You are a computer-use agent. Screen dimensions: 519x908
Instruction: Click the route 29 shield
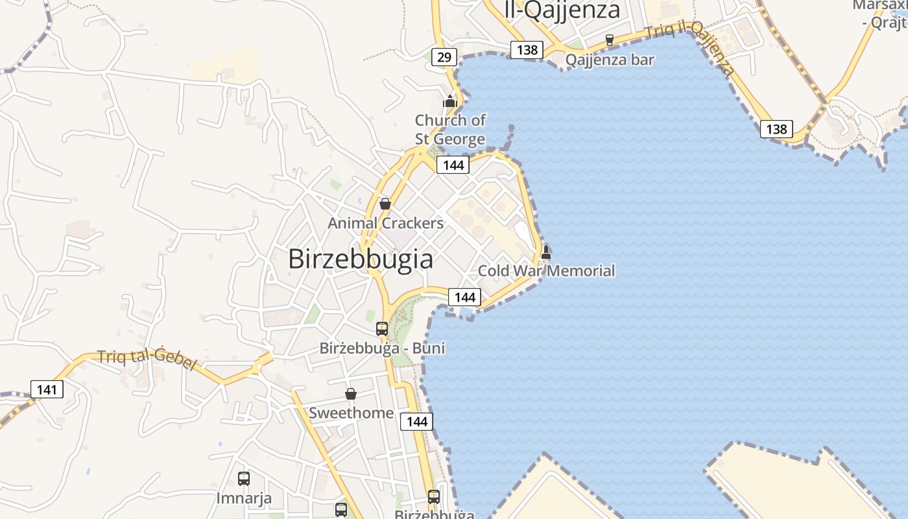pyautogui.click(x=444, y=57)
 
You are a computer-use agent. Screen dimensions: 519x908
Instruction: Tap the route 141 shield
pyautogui.click(x=47, y=389)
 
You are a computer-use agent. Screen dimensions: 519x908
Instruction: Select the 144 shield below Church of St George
pyautogui.click(x=453, y=165)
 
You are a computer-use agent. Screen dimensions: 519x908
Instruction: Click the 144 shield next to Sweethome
pyautogui.click(x=416, y=422)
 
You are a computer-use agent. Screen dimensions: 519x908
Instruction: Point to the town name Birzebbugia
pyautogui.click(x=361, y=259)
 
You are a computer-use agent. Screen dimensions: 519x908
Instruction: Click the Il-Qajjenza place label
pyautogui.click(x=562, y=10)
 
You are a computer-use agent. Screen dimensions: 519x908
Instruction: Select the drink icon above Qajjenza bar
pyautogui.click(x=609, y=40)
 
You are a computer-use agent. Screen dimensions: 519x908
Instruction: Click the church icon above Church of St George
pyautogui.click(x=450, y=101)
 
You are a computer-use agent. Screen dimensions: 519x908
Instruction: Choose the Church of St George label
pyautogui.click(x=450, y=130)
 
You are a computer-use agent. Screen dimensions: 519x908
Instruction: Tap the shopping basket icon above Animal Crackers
pyautogui.click(x=385, y=204)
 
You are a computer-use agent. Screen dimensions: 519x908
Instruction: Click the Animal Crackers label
pyautogui.click(x=386, y=223)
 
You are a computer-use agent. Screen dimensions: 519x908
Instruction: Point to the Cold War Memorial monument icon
pyautogui.click(x=546, y=252)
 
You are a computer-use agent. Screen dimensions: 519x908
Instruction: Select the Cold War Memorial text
pyautogui.click(x=546, y=271)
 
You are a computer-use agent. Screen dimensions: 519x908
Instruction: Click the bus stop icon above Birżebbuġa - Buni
pyautogui.click(x=382, y=328)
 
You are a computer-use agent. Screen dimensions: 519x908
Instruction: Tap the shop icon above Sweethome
pyautogui.click(x=351, y=394)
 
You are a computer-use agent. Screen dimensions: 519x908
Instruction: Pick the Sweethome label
pyautogui.click(x=351, y=413)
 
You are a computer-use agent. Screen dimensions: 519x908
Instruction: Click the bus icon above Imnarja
pyautogui.click(x=244, y=479)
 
